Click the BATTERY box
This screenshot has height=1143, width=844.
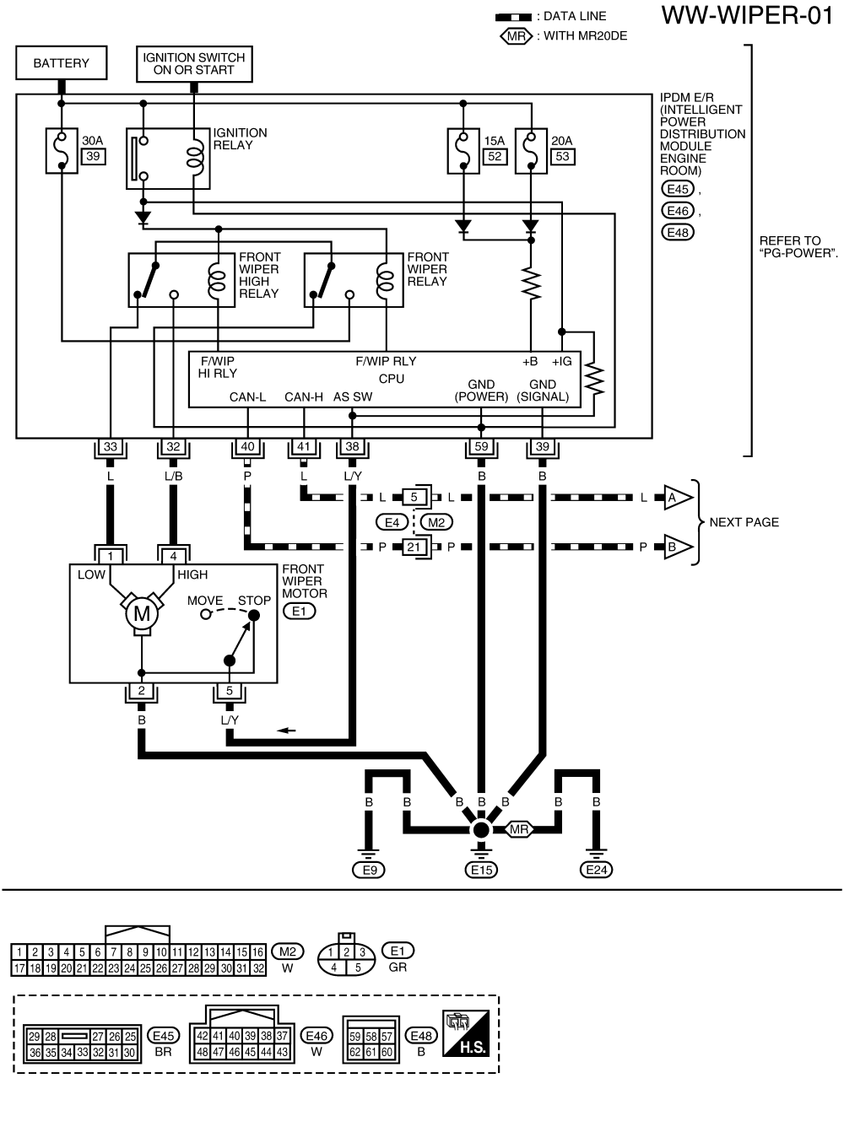(x=61, y=63)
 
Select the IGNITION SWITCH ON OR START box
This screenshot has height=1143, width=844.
(x=194, y=64)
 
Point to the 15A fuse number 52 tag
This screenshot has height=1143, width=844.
(x=495, y=156)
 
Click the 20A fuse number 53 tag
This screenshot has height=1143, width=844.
(x=562, y=156)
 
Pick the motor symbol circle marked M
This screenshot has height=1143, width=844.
(x=142, y=614)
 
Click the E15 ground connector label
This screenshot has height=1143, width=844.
(x=481, y=870)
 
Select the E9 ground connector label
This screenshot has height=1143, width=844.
(x=369, y=870)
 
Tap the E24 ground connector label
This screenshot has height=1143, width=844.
(x=596, y=870)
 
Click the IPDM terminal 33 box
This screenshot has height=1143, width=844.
(x=111, y=447)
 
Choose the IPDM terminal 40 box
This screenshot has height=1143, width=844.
(x=247, y=447)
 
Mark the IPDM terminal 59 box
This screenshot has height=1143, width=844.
(x=481, y=447)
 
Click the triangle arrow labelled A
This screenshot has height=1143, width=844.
(x=674, y=498)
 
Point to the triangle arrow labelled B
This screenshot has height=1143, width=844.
(x=674, y=547)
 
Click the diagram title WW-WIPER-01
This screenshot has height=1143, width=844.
(x=747, y=16)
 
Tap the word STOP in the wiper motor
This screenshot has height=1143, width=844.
(x=254, y=601)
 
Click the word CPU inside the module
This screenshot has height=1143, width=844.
(x=392, y=379)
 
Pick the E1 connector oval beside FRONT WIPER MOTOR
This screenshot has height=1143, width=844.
(x=299, y=611)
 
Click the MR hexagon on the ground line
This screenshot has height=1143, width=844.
(x=519, y=830)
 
